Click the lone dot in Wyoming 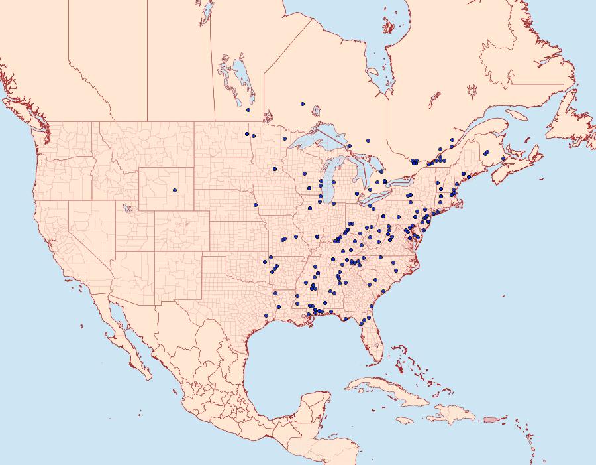point(175,190)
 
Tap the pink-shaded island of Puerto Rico point(491,419)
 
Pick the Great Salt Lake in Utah point(124,208)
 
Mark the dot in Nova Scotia point(503,159)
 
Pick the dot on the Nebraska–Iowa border point(256,205)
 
